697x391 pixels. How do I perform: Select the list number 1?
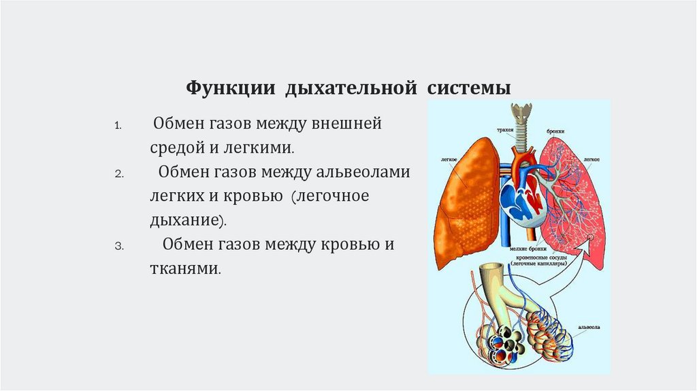click(117, 126)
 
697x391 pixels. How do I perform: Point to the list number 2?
click(118, 174)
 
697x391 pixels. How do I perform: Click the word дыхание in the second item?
click(184, 220)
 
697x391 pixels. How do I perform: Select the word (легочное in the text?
click(330, 196)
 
